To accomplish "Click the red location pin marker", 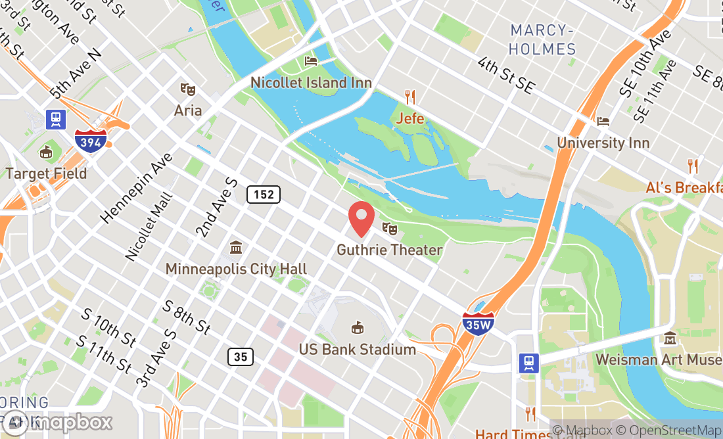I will (361, 219).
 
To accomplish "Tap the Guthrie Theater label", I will (389, 250).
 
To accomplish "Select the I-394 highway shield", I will (91, 139).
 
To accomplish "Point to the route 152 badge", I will (264, 195).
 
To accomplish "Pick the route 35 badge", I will (241, 357).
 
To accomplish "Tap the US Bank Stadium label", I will (357, 349).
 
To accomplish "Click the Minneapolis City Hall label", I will (236, 269).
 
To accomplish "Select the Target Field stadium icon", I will (46, 152).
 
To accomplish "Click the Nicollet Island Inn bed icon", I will (311, 61).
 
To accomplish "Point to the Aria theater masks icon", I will (187, 89).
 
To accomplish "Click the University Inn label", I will (603, 143).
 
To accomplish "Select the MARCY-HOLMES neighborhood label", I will (543, 39).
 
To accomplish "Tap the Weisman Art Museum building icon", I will (670, 338).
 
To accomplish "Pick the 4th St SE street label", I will (506, 76).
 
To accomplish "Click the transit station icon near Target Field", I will (55, 119).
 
